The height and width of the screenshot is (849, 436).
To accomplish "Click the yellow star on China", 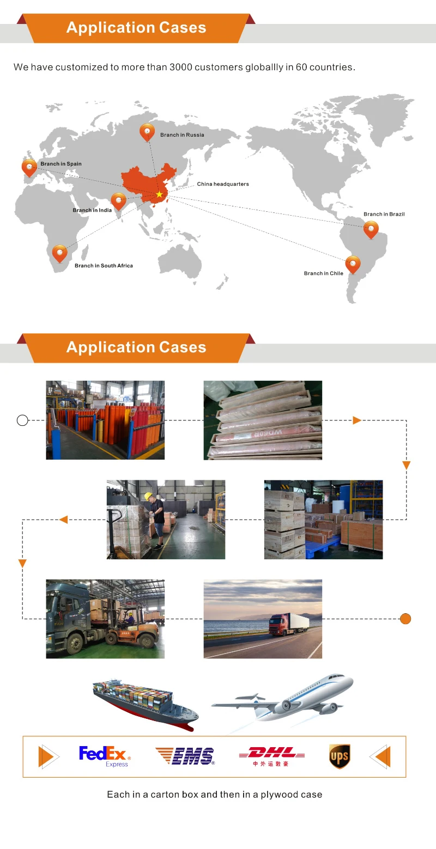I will point(159,194).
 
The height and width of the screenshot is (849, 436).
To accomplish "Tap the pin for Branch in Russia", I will point(147,132).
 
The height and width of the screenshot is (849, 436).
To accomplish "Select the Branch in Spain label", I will point(61,164).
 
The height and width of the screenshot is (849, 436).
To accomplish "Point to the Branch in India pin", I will point(118,201).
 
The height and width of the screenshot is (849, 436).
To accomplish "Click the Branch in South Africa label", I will point(104,266).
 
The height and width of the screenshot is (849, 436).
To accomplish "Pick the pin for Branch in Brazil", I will point(371,229).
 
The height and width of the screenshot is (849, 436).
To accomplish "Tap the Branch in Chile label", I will point(324,273).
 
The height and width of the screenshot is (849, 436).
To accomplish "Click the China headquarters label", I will point(223,184).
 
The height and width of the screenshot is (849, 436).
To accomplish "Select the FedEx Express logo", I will point(105,756).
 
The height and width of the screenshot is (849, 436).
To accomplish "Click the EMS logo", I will point(185,756).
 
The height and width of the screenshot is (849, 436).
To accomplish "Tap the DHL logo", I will point(271,755).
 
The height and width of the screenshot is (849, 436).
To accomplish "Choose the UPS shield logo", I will point(339,756).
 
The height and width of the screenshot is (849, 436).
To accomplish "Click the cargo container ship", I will point(144,703).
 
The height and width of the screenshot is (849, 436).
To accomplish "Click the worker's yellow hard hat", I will point(148,496).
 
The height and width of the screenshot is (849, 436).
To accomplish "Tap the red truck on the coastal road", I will point(287,624).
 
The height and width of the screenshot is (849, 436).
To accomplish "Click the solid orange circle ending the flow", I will point(405,619).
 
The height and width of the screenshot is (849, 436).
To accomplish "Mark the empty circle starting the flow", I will point(22,420).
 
